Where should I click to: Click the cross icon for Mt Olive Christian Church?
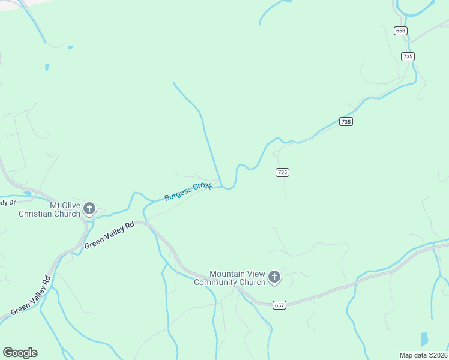click(x=89, y=209)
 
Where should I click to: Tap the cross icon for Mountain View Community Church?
click(x=274, y=277)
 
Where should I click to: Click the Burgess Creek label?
click(x=188, y=191)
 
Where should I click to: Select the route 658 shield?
click(x=401, y=31)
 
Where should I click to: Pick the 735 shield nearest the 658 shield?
click(x=408, y=56)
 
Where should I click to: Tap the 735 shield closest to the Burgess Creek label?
click(x=283, y=172)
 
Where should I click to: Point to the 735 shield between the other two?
click(x=345, y=121)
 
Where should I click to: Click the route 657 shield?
click(x=279, y=305)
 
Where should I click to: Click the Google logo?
click(x=20, y=353)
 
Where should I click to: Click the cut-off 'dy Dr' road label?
click(x=6, y=202)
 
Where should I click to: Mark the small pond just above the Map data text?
click(x=425, y=339)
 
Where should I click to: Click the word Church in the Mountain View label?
click(x=252, y=282)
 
